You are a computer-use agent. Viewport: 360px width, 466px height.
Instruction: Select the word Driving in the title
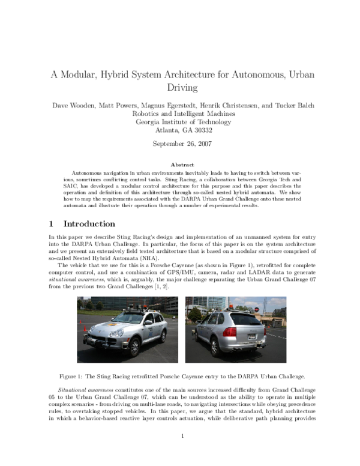(181, 88)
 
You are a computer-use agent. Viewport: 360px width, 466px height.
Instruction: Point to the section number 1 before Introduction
(51, 224)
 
